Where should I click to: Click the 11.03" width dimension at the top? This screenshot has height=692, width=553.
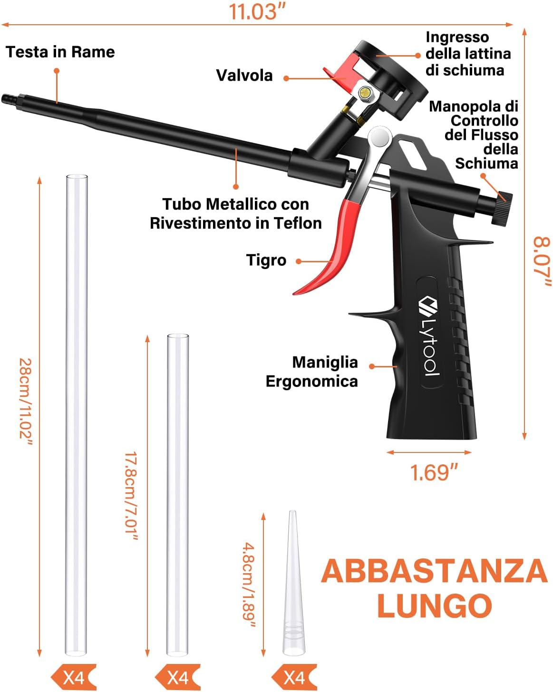pyautogui.click(x=257, y=11)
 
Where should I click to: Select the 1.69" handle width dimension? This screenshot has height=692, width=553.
pyautogui.click(x=433, y=472)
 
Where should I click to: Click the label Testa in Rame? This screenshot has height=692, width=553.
pyautogui.click(x=60, y=52)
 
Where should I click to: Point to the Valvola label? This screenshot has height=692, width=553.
pyautogui.click(x=244, y=75)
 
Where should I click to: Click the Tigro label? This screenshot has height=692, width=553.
pyautogui.click(x=266, y=260)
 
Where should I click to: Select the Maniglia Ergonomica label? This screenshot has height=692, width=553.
pyautogui.click(x=312, y=372)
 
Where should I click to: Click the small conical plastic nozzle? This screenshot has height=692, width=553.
pyautogui.click(x=293, y=584)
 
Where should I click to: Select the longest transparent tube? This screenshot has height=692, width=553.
pyautogui.click(x=77, y=415)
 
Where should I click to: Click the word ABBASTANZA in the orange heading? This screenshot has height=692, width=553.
pyautogui.click(x=434, y=571)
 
